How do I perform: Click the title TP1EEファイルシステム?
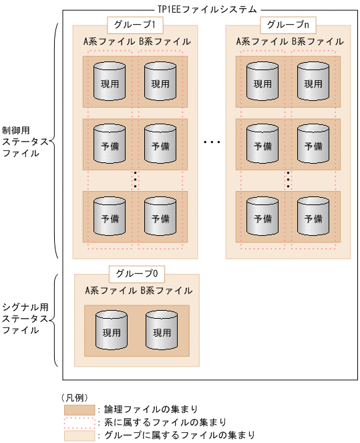207,9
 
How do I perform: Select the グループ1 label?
135,25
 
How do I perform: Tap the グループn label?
287,25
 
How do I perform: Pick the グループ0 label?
136,273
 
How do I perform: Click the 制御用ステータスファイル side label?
25,142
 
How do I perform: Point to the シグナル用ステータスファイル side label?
25,319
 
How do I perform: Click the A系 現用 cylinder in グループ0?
112,330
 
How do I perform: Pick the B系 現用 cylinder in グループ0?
162,330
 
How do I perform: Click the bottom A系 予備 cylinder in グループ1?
110,216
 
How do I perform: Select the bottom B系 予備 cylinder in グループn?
313,216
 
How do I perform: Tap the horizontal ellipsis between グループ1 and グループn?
212,142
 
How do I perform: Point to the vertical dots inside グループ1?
136,180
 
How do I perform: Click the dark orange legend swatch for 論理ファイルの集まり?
79,409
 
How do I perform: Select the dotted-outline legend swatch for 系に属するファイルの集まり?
79,422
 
